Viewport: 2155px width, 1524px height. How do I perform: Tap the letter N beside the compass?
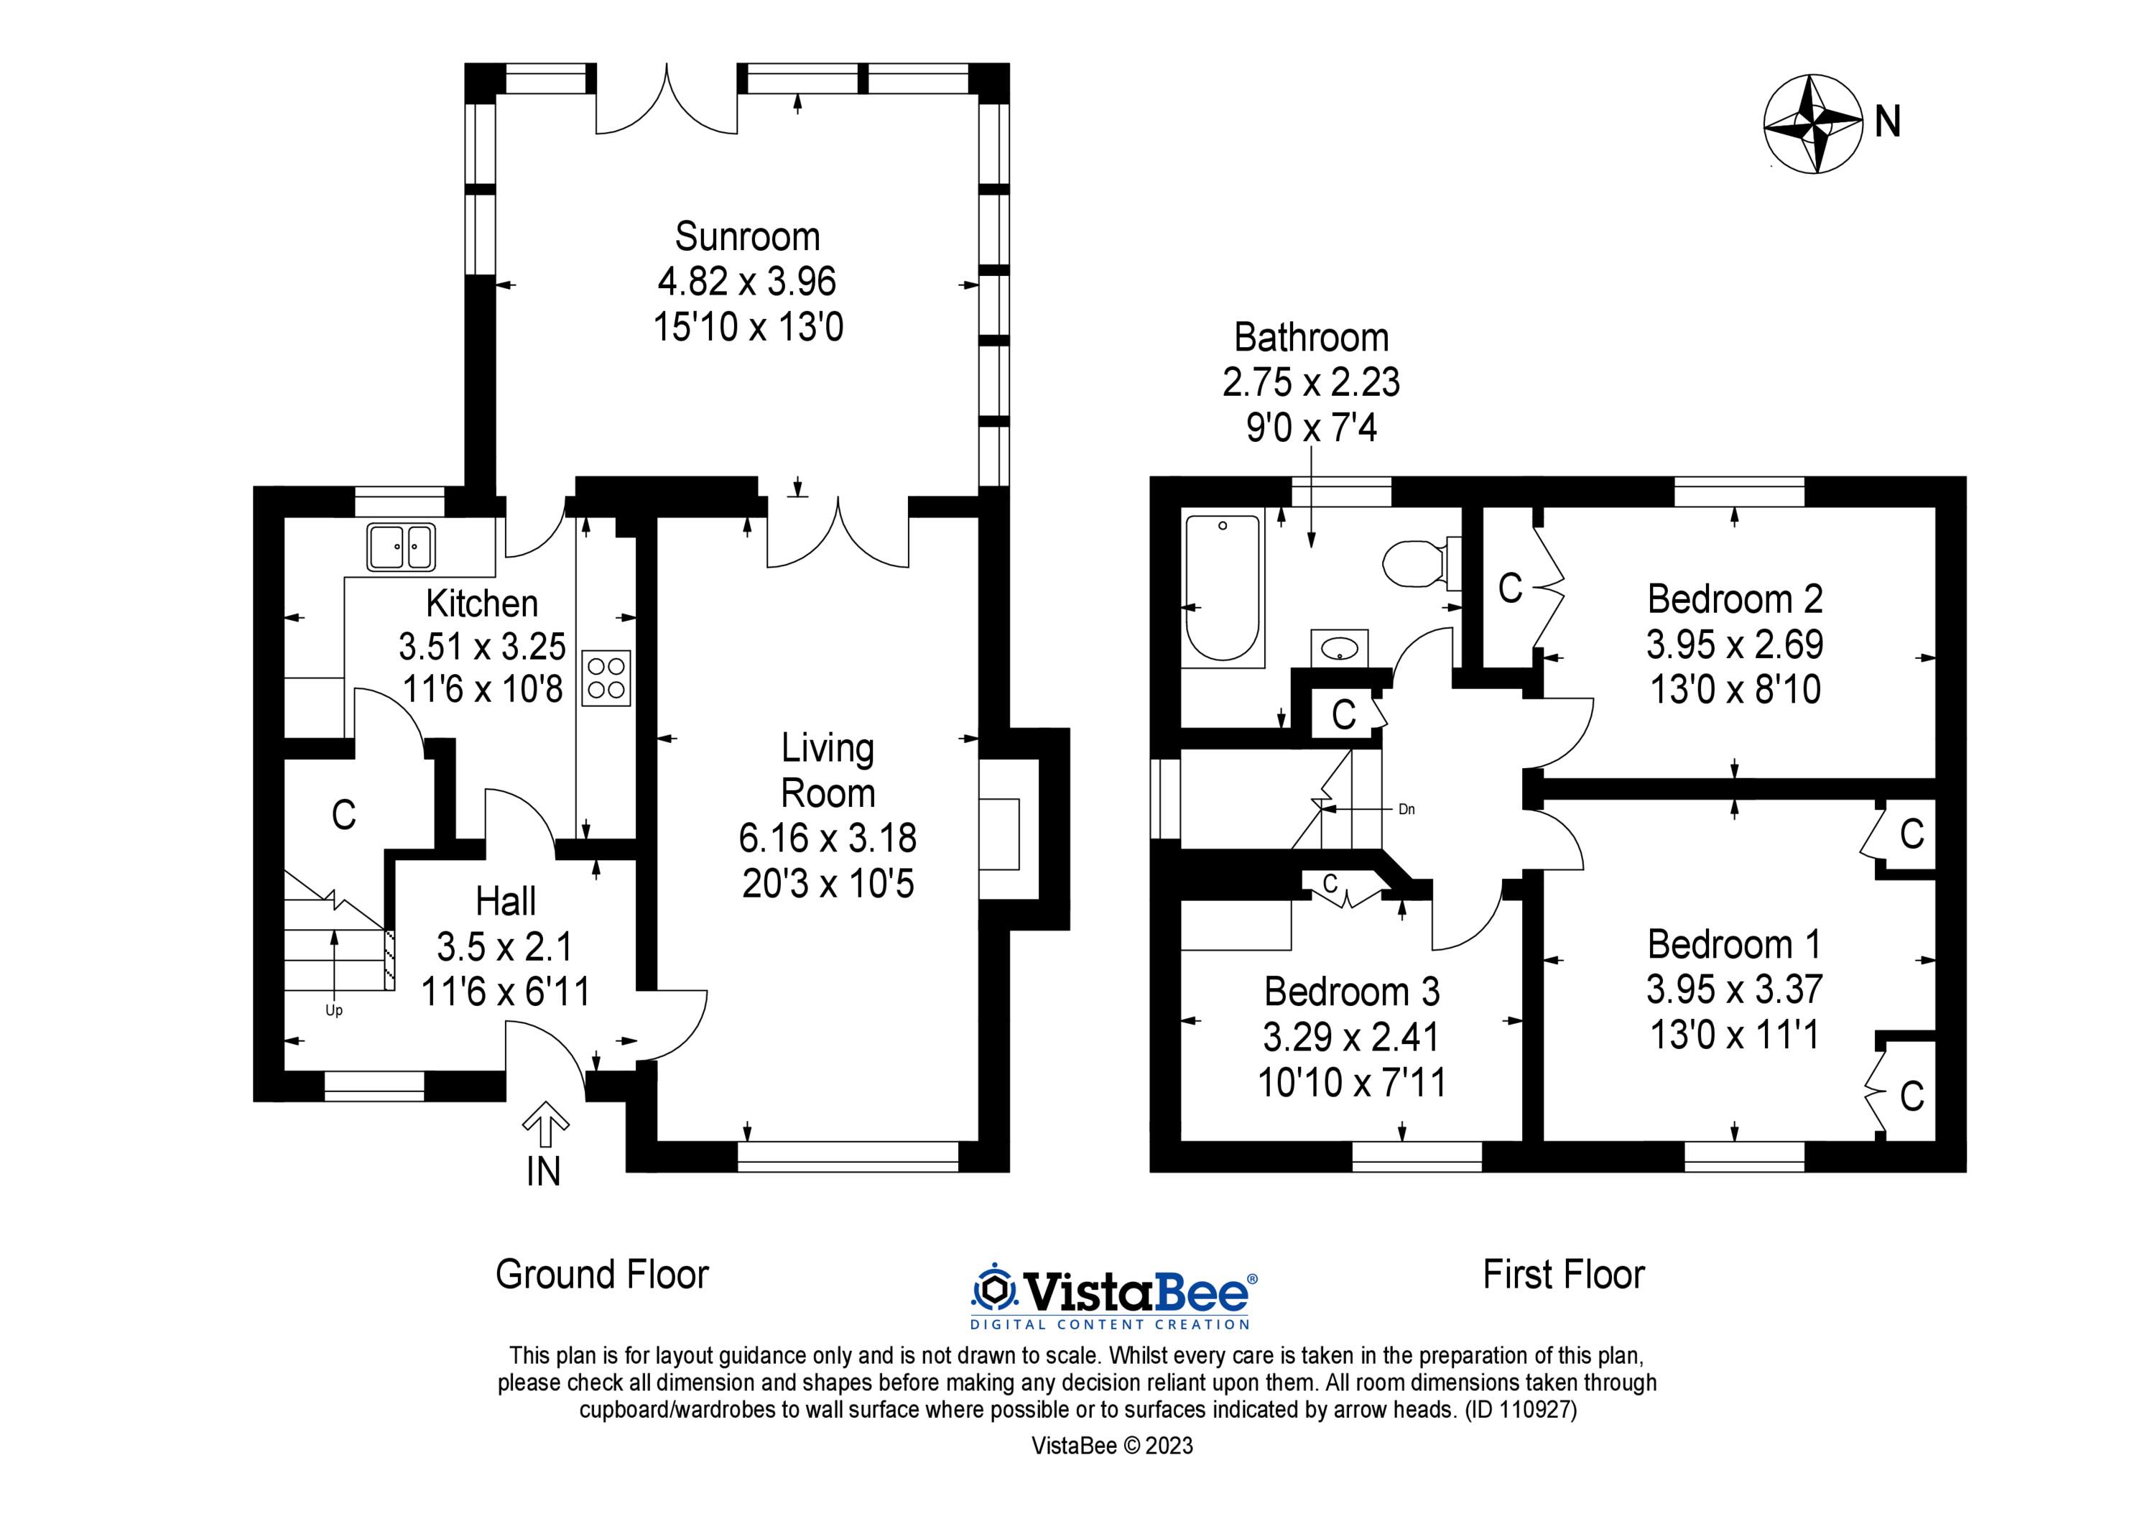[x=1888, y=123]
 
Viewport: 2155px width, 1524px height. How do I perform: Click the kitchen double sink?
[x=401, y=547]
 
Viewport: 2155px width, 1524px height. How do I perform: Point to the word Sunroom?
[x=747, y=236]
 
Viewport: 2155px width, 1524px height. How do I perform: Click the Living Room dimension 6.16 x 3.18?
[x=827, y=838]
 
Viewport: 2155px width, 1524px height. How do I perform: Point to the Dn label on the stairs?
[x=1406, y=809]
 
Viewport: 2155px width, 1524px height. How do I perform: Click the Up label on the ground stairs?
[x=333, y=1011]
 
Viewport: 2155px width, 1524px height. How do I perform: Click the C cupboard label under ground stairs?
[x=343, y=815]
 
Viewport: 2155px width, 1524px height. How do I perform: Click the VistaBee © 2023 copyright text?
[x=1112, y=1445]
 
